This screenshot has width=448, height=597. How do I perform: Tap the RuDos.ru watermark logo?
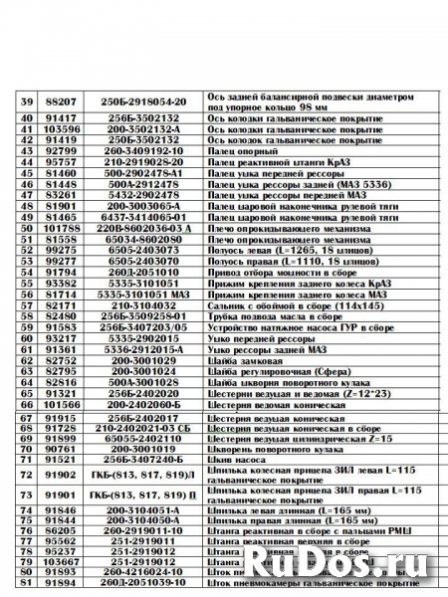379,564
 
